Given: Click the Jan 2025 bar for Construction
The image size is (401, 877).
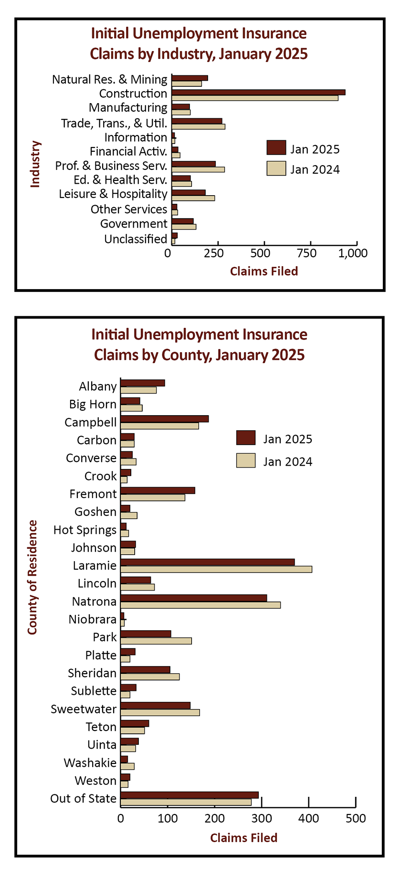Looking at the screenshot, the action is point(258,92).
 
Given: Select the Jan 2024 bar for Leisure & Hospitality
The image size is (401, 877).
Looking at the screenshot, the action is point(193,198).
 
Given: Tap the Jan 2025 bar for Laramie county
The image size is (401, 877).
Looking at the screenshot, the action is point(208,562).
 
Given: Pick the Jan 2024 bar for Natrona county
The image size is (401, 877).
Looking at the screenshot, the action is point(200,605).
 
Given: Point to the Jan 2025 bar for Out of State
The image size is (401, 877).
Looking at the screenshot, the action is point(190,795).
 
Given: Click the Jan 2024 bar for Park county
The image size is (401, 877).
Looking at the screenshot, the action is point(156,641).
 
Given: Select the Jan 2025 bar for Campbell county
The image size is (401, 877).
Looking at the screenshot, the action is point(165,419).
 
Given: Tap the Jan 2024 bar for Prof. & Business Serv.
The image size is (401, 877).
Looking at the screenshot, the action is point(198,169).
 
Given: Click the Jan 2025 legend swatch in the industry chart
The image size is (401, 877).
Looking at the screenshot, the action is point(276,148).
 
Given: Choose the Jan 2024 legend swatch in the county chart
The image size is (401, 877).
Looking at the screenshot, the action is point(246,460).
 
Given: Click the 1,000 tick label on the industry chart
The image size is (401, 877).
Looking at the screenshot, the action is point(353,253).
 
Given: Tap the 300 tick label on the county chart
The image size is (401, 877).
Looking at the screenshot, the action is point(262,819).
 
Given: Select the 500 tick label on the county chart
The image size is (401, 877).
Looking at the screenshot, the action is point(356,819).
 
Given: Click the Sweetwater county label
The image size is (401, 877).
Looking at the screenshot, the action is point(84,709).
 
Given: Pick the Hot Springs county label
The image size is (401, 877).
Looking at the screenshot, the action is point(85,530).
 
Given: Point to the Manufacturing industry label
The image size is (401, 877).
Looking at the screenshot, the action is point(128,108).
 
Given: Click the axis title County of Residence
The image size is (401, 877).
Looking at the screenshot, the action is point(32,577).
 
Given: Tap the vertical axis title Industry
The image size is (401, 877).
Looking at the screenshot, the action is point(35,164).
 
